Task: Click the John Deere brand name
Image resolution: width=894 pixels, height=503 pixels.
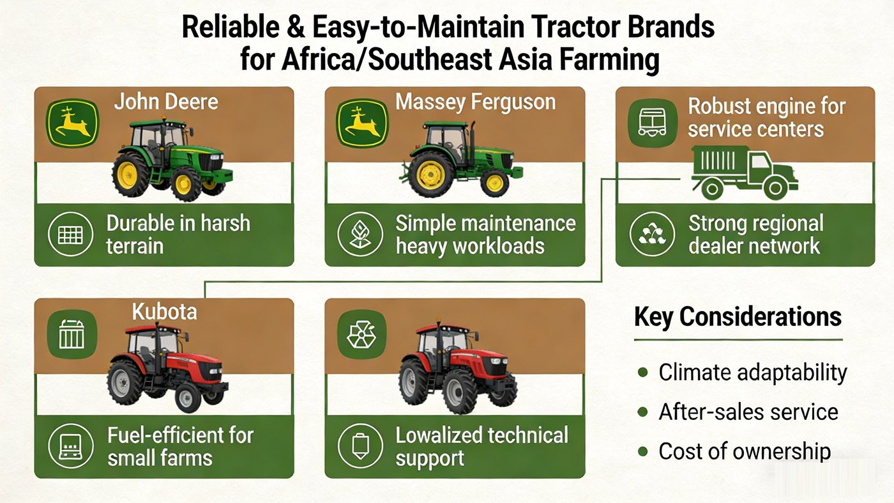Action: click(x=166, y=102)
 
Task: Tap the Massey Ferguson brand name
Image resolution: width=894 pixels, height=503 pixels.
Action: click(x=475, y=102)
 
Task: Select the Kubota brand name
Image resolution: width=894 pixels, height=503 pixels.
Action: click(x=164, y=312)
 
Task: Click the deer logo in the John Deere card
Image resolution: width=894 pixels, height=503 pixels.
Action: click(x=72, y=124)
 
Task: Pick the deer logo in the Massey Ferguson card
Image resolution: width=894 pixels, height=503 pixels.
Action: click(x=362, y=124)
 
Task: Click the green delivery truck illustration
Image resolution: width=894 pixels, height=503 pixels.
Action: click(x=744, y=169)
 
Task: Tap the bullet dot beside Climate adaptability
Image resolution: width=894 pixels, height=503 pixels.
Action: click(x=643, y=372)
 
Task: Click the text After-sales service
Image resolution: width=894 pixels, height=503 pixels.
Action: click(x=748, y=412)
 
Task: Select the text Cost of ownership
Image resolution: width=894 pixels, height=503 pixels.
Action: click(x=745, y=451)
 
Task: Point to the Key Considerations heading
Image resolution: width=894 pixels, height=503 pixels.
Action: click(x=738, y=317)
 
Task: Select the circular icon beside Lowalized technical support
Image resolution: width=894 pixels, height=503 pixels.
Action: click(x=359, y=446)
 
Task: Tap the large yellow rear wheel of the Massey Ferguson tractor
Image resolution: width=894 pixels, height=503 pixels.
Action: click(x=430, y=174)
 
